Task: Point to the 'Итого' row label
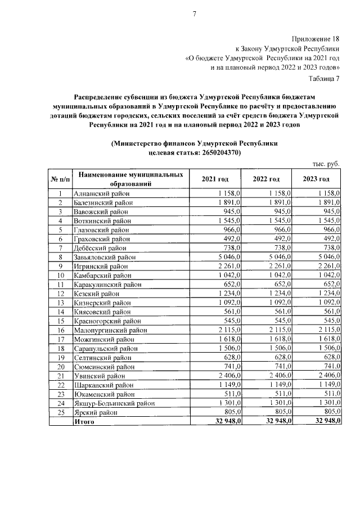point(85,421)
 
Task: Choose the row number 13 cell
point(60,303)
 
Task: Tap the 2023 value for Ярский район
point(332,412)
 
